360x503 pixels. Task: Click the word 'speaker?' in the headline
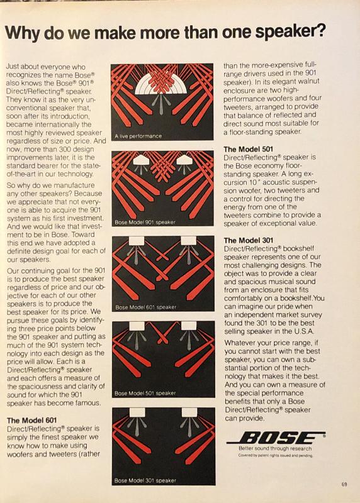(x=290, y=33)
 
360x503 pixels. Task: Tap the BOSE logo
(x=276, y=438)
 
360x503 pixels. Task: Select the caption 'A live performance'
(x=138, y=136)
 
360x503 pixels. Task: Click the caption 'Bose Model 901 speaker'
(x=145, y=222)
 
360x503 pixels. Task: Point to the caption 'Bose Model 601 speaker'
(x=146, y=307)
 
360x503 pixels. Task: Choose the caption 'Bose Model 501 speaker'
(x=145, y=393)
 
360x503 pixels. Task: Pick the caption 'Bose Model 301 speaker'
(x=145, y=480)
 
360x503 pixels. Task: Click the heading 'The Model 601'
(x=32, y=420)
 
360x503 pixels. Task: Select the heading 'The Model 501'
(x=248, y=149)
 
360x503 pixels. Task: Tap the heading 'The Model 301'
(x=249, y=240)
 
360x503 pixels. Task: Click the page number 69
(x=344, y=484)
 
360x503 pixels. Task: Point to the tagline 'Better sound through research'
(x=275, y=448)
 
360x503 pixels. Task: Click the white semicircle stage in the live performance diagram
(x=161, y=82)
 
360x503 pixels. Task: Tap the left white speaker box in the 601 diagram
(x=136, y=241)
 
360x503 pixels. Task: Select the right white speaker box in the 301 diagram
(x=189, y=412)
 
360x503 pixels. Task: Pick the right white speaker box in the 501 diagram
(x=189, y=326)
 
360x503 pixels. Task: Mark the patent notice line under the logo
(x=275, y=455)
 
